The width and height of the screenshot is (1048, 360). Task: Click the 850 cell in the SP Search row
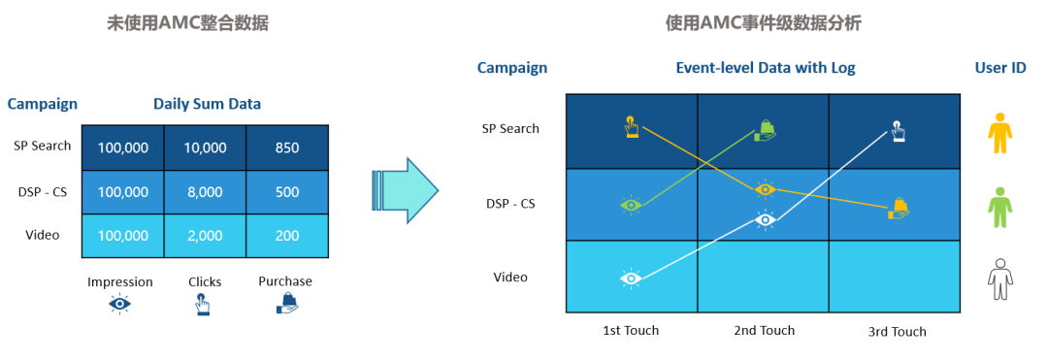pos(287,147)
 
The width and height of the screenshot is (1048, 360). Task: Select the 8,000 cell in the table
pos(205,192)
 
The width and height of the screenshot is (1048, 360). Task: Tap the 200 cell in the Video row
pos(287,236)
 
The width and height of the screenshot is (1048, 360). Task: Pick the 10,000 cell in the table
pos(205,147)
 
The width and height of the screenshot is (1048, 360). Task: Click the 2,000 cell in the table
pos(205,236)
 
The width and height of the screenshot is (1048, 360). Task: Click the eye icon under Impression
pos(119,304)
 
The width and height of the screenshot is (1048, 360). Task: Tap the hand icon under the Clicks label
pos(202,304)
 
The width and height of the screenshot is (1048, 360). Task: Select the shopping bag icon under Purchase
pos(286,303)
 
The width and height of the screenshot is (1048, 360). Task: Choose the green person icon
pos(999,208)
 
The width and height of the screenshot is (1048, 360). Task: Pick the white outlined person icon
pos(999,279)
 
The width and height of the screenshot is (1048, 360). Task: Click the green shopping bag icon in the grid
pos(766,130)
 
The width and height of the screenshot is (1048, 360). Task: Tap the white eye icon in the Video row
pos(631,278)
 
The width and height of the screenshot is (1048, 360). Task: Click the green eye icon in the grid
pos(631,205)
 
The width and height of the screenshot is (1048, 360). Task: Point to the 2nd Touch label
pos(765,331)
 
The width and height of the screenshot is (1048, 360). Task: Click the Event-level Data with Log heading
pos(766,68)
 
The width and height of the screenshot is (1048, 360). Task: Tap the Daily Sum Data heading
pos(208,104)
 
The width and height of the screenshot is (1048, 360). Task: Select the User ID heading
pos(1000,68)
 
